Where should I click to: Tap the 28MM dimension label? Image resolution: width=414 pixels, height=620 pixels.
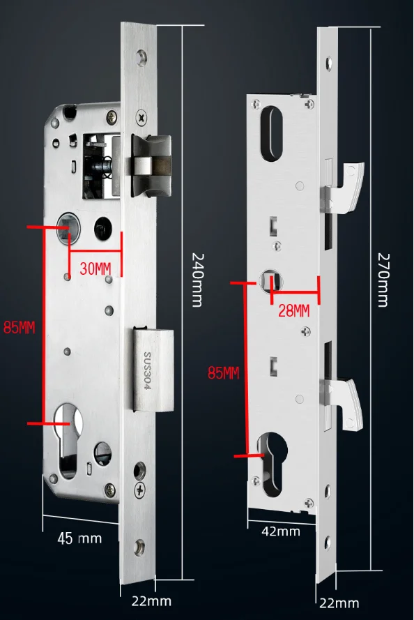click(293, 311)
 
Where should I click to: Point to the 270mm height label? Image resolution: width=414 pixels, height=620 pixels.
click(383, 279)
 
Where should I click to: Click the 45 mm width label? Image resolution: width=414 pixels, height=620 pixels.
click(79, 538)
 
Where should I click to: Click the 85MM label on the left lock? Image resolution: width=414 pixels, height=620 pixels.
click(19, 328)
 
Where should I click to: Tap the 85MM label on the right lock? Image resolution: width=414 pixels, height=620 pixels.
click(223, 373)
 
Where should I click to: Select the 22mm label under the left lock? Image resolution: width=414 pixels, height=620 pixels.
click(151, 600)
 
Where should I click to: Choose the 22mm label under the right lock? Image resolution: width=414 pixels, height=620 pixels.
click(339, 603)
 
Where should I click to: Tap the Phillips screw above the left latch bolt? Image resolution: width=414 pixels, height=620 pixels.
click(142, 120)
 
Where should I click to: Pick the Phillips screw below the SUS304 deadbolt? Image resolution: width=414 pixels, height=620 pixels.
click(142, 491)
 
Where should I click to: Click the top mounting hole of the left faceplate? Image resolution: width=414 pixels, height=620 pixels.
click(143, 56)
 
